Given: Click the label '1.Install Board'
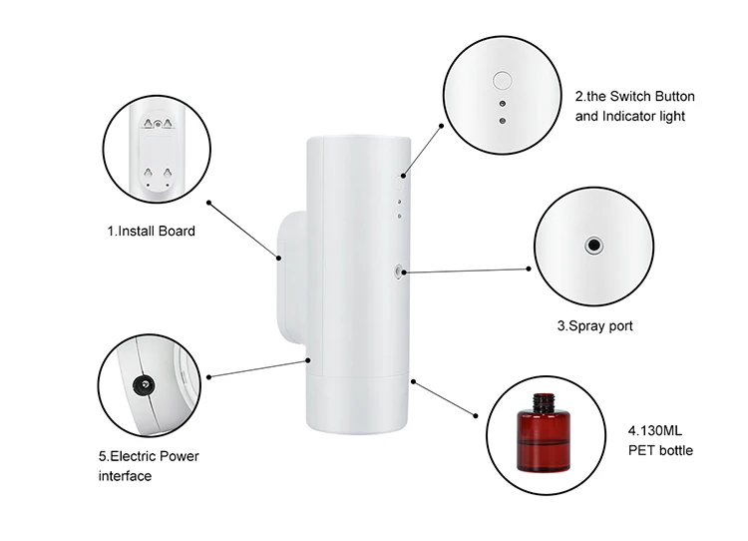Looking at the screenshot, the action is [x=151, y=231].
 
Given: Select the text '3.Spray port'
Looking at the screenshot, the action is [x=594, y=325].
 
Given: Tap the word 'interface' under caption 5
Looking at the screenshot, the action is [x=125, y=475].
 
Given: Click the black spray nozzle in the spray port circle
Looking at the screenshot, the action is [x=593, y=244].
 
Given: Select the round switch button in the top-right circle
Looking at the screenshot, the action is [x=503, y=80].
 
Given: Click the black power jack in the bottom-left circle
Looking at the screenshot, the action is [x=144, y=384].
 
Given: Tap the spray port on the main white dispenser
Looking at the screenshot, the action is [x=400, y=270].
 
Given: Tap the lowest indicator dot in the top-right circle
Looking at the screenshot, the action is [x=503, y=120].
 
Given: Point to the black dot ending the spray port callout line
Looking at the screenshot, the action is [x=529, y=269].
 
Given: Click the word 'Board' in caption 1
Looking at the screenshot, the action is [x=176, y=231].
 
